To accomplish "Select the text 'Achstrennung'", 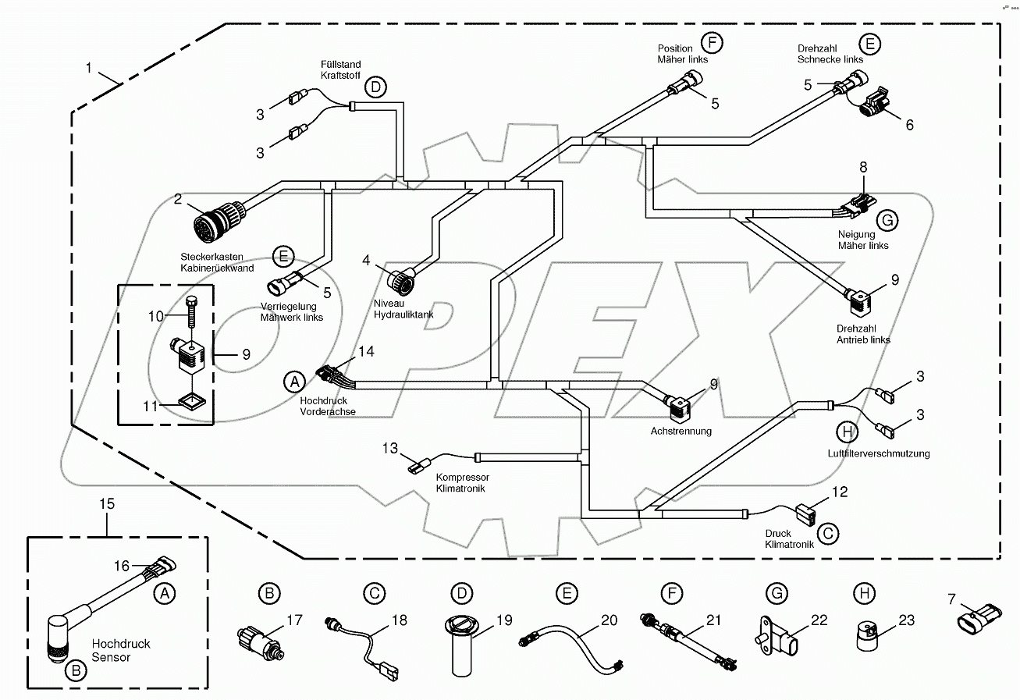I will tap(681, 432).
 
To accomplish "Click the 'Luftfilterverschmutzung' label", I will tap(879, 453).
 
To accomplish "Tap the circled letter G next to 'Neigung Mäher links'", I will tap(886, 221).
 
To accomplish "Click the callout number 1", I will tap(90, 68).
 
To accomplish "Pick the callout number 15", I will tap(106, 504).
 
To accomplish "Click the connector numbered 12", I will tap(804, 515).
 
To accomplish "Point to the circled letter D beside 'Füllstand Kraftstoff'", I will tap(375, 87).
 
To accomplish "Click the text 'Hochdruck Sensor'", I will tap(121, 650).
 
